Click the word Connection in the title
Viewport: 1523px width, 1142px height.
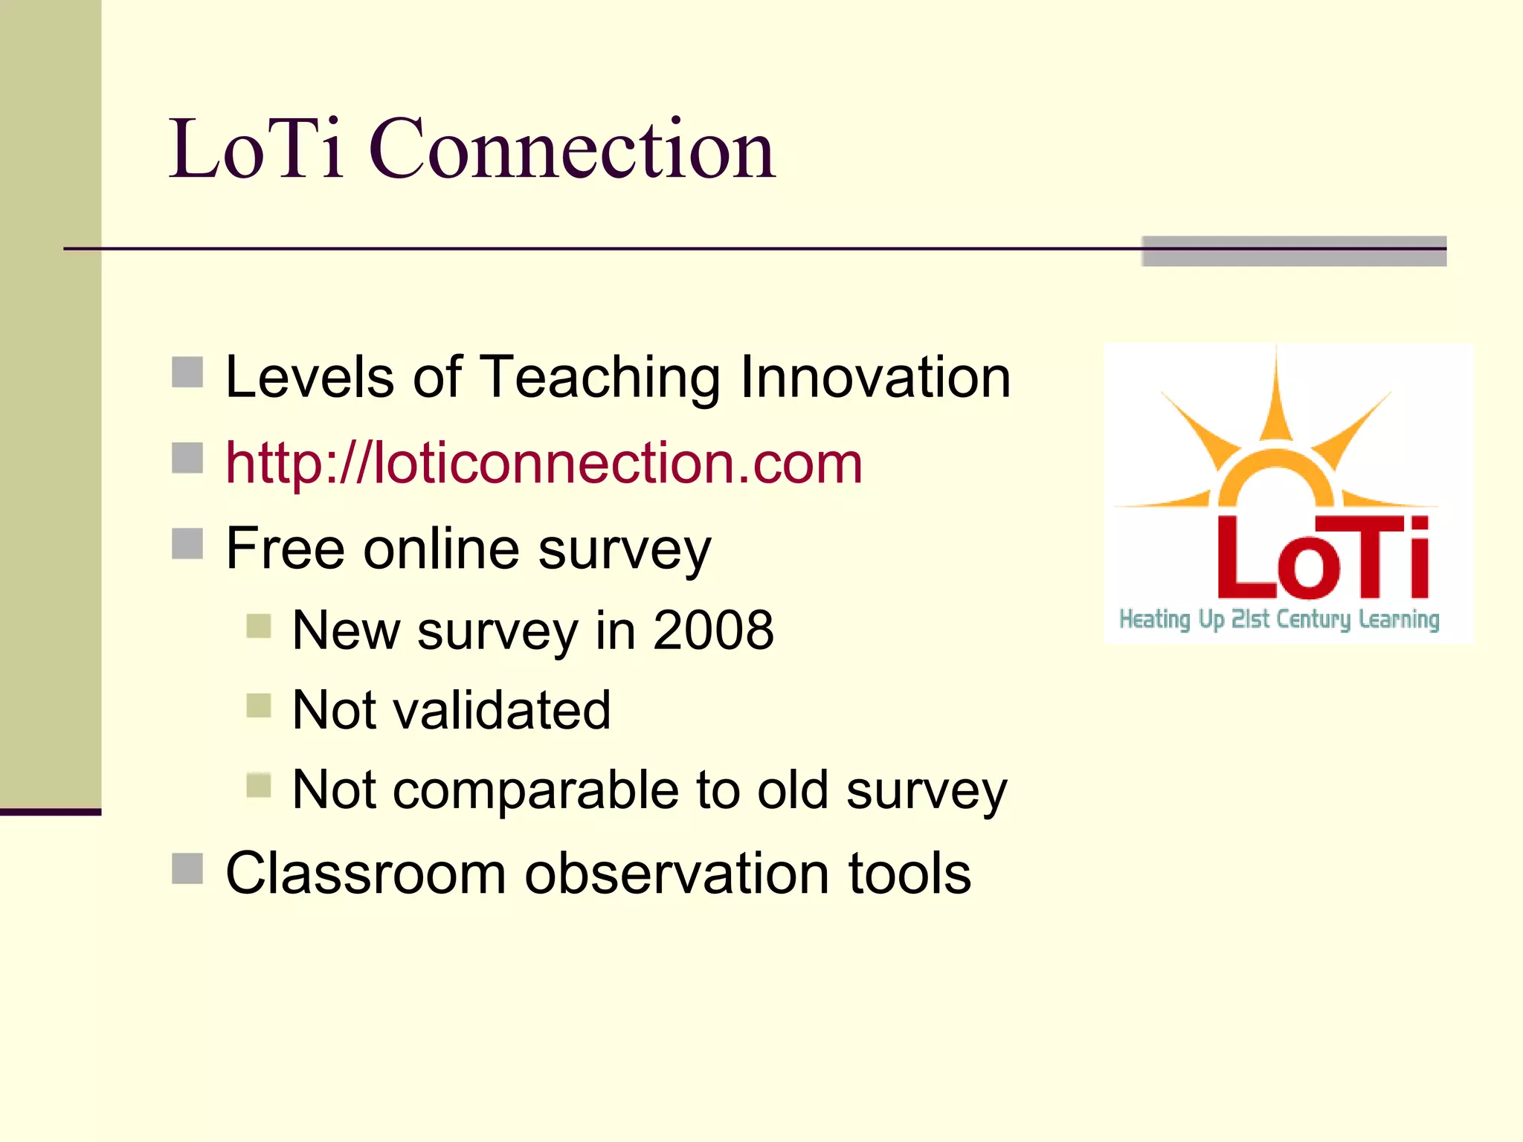(573, 150)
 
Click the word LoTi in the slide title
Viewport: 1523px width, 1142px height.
(257, 150)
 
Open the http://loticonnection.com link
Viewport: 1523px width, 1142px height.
(544, 463)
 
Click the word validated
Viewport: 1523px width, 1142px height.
(501, 710)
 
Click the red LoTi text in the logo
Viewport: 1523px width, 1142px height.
(1322, 558)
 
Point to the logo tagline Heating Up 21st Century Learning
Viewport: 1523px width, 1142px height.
(1279, 619)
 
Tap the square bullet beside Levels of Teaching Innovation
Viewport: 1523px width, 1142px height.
(187, 372)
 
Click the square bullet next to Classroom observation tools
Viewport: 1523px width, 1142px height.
(187, 868)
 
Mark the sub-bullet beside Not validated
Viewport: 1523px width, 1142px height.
(259, 706)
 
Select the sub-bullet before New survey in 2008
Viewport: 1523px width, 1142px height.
(259, 626)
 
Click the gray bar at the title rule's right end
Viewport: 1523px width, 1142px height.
(1294, 251)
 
